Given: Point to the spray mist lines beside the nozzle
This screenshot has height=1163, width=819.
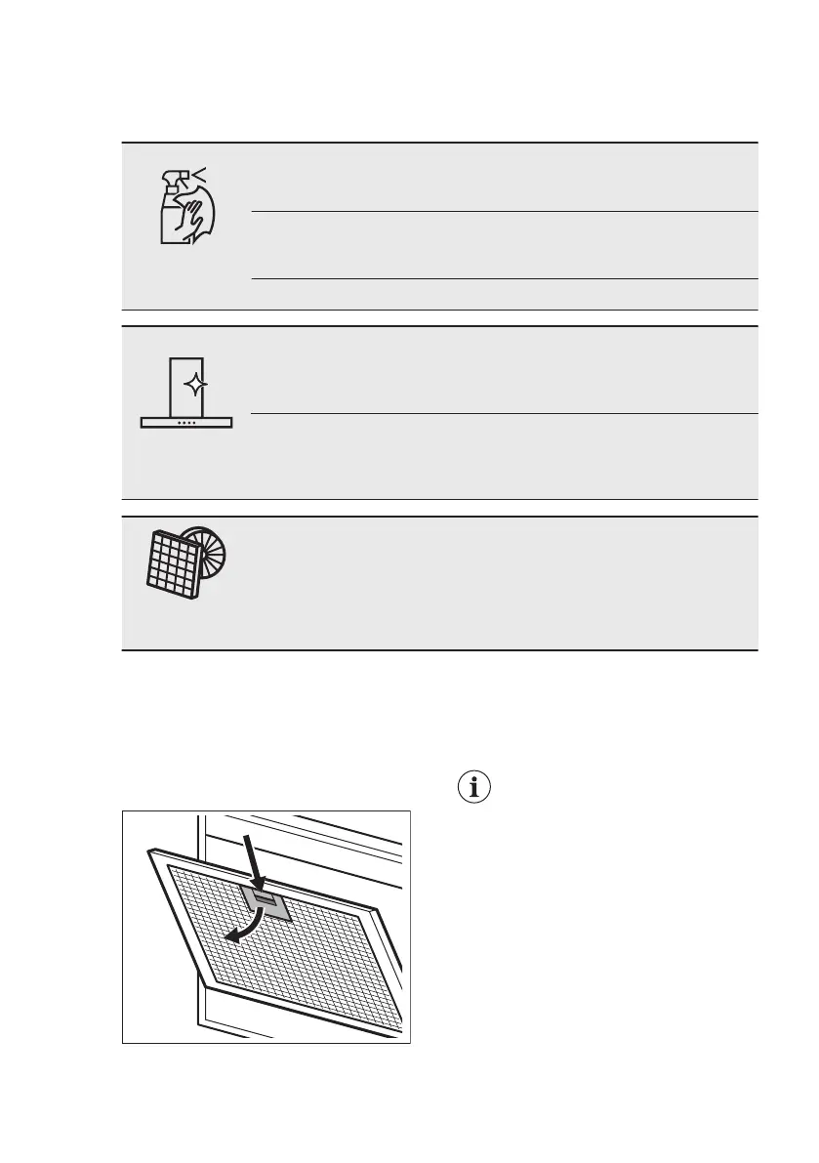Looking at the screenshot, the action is tap(200, 173).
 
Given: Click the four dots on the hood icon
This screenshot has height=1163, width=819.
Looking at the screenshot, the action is tap(186, 422).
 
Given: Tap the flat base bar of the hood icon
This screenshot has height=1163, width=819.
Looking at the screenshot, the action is tap(186, 422).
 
